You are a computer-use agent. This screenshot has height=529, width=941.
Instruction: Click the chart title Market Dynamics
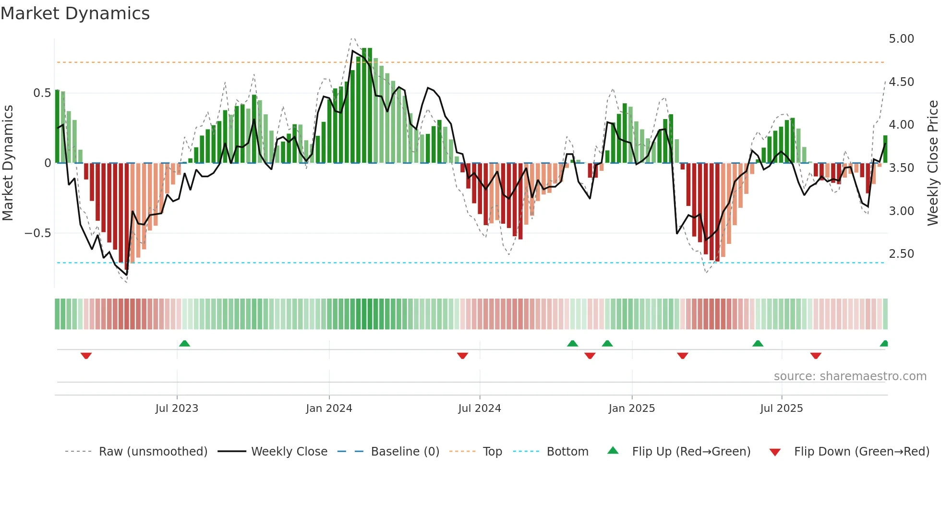pyautogui.click(x=75, y=13)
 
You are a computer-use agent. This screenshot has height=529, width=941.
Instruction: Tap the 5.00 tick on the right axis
pyautogui.click(x=901, y=39)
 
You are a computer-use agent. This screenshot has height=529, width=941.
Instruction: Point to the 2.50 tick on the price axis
pyautogui.click(x=901, y=254)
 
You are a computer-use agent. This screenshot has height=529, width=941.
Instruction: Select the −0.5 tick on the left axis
pyautogui.click(x=38, y=233)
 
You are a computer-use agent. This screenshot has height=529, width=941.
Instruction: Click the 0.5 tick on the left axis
pyautogui.click(x=42, y=93)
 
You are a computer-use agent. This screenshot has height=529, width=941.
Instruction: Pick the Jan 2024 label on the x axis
pyautogui.click(x=329, y=409)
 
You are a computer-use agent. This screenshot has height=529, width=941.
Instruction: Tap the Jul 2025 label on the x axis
pyautogui.click(x=781, y=409)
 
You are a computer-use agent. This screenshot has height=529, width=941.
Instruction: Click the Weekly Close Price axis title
pyautogui.click(x=932, y=163)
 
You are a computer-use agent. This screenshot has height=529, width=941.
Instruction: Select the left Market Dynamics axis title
pyautogui.click(x=8, y=163)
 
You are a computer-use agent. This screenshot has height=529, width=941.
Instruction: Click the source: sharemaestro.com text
pyautogui.click(x=850, y=376)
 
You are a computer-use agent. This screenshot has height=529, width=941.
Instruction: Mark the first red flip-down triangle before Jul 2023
pyautogui.click(x=86, y=356)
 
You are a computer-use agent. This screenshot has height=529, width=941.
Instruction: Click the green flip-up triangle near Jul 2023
pyautogui.click(x=184, y=343)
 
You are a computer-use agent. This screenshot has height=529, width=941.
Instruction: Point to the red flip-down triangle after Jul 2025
pyautogui.click(x=816, y=356)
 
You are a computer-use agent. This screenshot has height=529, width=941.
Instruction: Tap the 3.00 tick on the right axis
pyautogui.click(x=901, y=211)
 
